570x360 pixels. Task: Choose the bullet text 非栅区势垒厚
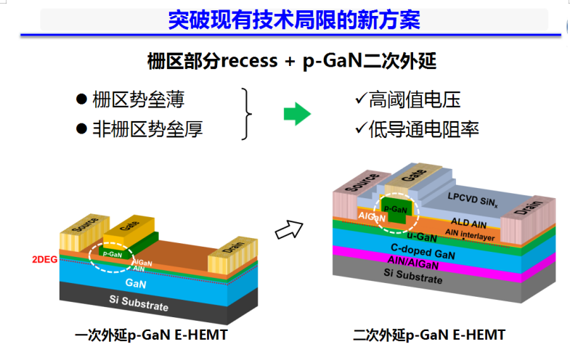point(147,129)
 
